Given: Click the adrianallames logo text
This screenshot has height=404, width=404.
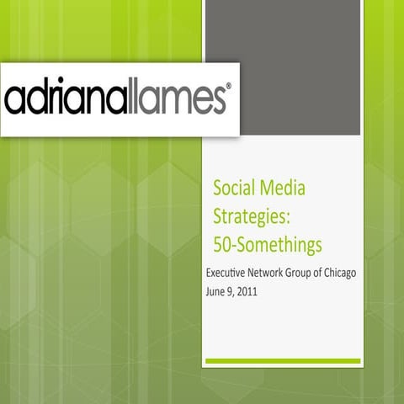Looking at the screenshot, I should click(x=115, y=98).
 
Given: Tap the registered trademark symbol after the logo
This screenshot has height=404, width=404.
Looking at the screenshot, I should click(x=226, y=87).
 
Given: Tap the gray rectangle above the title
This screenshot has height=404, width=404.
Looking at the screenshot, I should click(x=282, y=67).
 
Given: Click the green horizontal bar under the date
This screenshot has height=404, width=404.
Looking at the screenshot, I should click(x=282, y=362).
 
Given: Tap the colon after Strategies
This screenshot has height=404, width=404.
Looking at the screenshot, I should click(x=289, y=217).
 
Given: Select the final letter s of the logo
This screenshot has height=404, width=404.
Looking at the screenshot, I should click(x=211, y=100).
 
